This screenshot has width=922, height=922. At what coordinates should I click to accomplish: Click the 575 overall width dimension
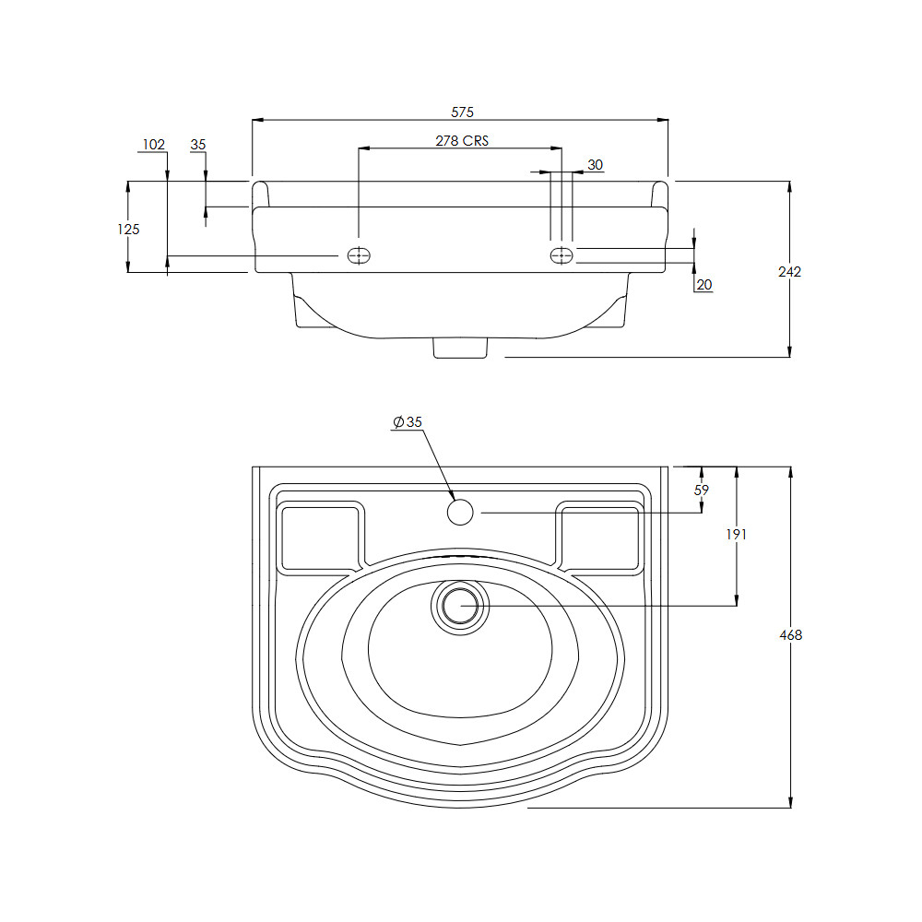(x=462, y=112)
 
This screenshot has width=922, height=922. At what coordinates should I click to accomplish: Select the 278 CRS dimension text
(x=462, y=140)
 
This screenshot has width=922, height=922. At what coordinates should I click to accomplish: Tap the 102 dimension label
(x=153, y=144)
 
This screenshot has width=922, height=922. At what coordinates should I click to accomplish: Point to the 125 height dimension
(x=128, y=229)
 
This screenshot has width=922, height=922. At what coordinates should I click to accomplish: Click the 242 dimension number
(x=789, y=271)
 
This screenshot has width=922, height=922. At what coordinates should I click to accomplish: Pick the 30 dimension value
(x=595, y=165)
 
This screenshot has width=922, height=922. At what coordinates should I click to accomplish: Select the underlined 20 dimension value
(x=703, y=285)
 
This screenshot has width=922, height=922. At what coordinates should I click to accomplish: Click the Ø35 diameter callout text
(x=408, y=421)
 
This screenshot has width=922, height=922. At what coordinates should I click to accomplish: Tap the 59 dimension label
(x=701, y=490)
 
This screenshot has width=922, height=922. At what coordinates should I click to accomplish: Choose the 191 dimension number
(x=736, y=534)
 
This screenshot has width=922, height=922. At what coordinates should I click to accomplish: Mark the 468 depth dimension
(x=790, y=635)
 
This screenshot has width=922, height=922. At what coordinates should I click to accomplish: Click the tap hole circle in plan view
(x=460, y=512)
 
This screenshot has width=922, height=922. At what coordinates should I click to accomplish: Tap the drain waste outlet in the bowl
(x=460, y=606)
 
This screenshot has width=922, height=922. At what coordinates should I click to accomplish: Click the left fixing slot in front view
(x=359, y=255)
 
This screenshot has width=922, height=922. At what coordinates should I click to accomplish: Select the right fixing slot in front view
(x=561, y=255)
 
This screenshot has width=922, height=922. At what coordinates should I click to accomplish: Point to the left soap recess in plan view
(x=321, y=537)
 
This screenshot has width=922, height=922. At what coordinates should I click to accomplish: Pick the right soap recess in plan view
(x=600, y=537)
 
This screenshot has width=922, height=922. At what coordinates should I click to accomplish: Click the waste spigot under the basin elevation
(x=460, y=348)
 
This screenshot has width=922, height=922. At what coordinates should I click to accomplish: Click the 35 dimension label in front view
(x=198, y=144)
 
